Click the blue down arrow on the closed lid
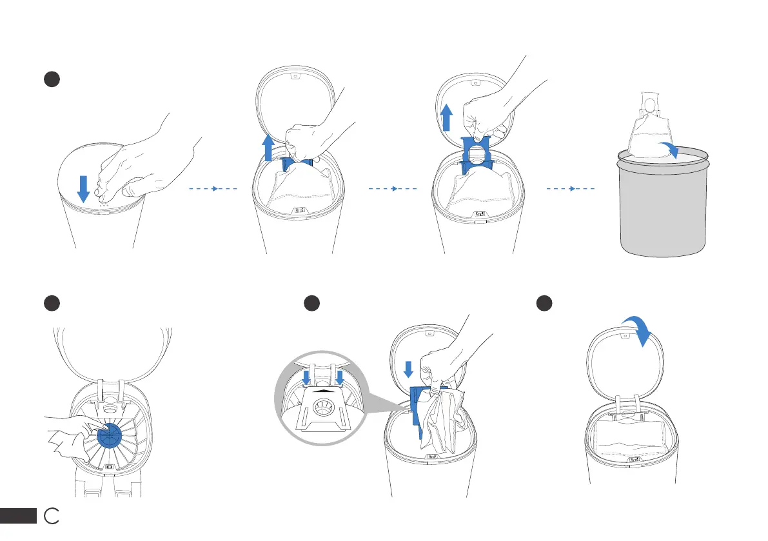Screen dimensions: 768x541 (83, 186)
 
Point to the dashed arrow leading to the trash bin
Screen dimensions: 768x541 (571, 190)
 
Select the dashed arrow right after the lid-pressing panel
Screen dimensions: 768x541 (213, 190)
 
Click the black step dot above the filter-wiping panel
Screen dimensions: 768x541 (51, 304)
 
